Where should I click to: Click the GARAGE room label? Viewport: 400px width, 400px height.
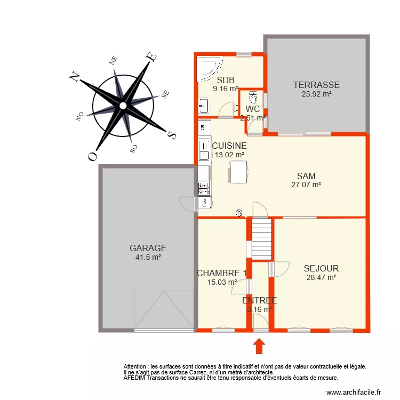click(148, 248)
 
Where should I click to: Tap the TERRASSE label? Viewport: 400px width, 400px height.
click(316, 85)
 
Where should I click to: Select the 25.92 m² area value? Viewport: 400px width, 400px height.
click(316, 94)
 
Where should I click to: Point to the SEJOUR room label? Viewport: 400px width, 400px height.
click(321, 268)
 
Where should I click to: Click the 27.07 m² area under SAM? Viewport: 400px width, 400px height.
click(306, 185)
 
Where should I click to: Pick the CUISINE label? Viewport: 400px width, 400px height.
click(229, 145)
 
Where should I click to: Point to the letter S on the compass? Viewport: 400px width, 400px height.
click(171, 134)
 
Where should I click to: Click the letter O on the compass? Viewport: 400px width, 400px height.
click(92, 156)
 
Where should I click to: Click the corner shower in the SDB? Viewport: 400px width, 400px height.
click(210, 69)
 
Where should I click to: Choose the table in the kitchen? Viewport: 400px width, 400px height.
click(238, 172)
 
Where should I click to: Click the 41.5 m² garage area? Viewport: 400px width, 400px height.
click(148, 257)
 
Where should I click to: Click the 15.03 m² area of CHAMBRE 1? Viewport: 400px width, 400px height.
click(222, 283)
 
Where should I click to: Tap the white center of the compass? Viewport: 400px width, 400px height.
click(123, 106)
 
